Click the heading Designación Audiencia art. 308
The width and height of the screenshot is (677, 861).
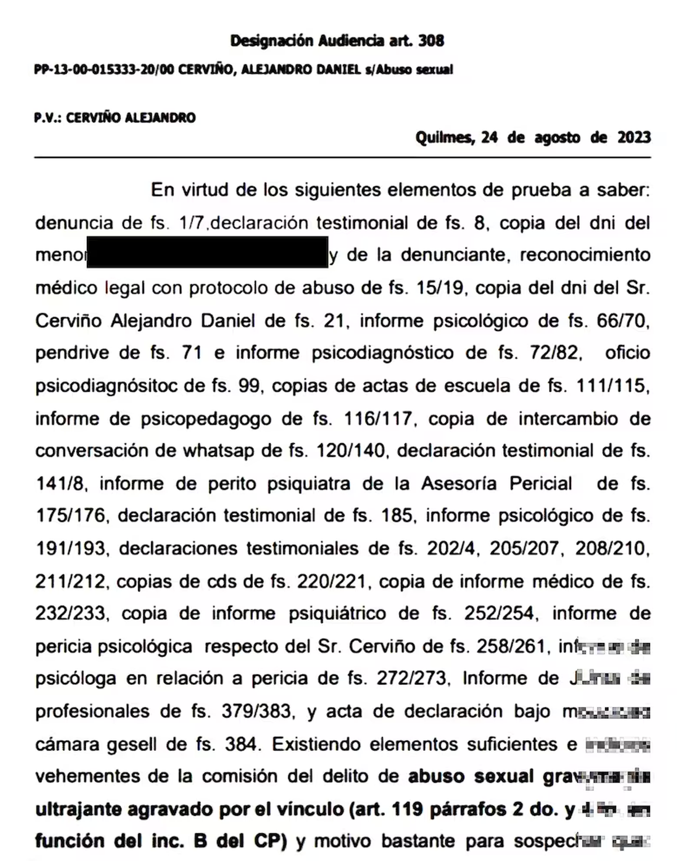coord(337,41)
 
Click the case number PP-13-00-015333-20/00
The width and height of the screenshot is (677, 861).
coord(104,70)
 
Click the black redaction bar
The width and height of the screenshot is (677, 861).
coord(207,252)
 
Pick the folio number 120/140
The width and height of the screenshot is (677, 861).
coord(350,451)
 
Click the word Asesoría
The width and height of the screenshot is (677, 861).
coord(459,484)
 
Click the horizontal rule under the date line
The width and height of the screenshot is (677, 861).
coord(342,156)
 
